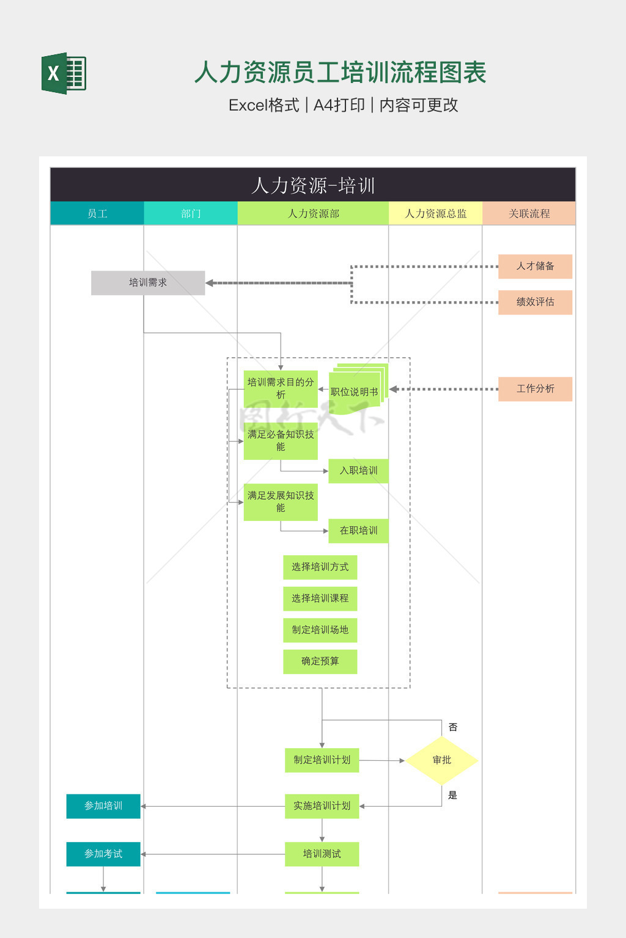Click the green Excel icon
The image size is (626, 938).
click(x=64, y=73)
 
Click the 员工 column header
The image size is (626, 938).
click(x=97, y=213)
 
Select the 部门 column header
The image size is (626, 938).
click(x=191, y=213)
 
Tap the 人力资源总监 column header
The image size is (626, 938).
click(x=435, y=213)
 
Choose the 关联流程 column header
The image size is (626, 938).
click(x=529, y=213)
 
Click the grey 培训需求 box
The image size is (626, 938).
click(x=148, y=283)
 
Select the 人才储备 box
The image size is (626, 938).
click(x=535, y=266)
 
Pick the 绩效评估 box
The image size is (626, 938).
click(x=535, y=302)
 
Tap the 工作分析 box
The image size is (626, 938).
click(x=535, y=389)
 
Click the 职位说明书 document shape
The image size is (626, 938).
click(x=355, y=391)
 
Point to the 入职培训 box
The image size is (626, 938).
click(x=358, y=471)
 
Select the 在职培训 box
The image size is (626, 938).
click(x=358, y=531)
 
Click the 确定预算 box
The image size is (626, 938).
click(x=320, y=661)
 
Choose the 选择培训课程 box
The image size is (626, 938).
click(x=320, y=598)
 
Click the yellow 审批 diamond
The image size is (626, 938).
click(x=441, y=760)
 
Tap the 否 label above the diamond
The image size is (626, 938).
click(x=453, y=727)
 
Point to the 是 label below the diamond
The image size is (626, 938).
click(x=453, y=795)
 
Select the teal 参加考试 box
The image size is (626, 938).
click(x=103, y=854)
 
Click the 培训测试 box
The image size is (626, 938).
click(x=322, y=854)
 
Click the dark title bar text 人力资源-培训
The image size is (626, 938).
click(x=313, y=185)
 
